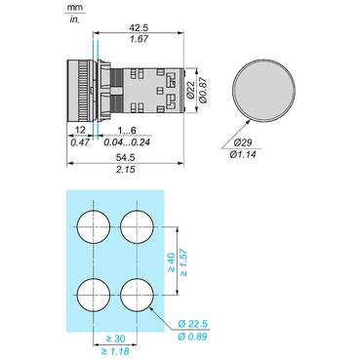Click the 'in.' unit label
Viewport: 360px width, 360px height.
(x=73, y=20)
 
